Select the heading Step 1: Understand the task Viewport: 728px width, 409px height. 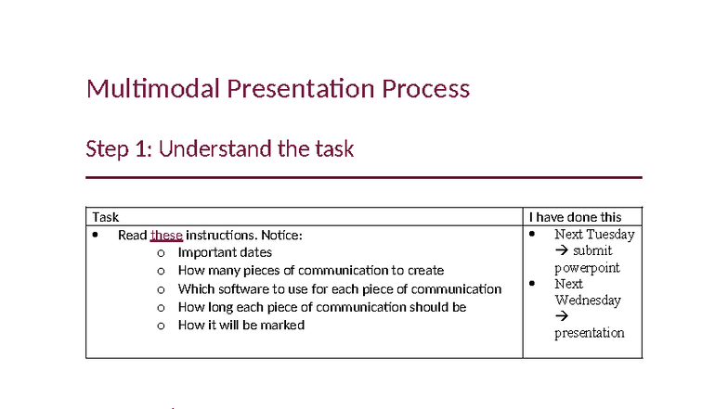(219, 148)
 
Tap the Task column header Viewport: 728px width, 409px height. (105, 217)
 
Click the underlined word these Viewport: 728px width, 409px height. (166, 235)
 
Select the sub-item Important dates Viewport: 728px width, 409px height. (225, 252)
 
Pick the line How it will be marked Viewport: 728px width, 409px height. (240, 325)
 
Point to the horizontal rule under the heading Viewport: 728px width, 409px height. (363, 177)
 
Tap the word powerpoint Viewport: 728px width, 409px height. (587, 268)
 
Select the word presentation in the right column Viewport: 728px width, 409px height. (590, 333)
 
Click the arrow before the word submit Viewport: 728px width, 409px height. (561, 251)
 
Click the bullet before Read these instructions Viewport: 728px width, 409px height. (96, 235)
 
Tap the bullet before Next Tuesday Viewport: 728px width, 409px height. (532, 235)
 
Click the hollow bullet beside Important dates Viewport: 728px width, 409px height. (161, 253)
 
